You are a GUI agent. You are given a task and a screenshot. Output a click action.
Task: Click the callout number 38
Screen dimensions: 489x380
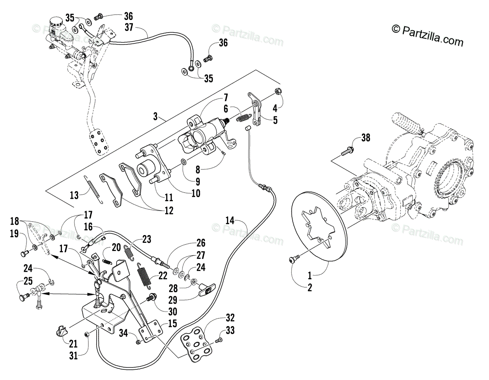tap(366, 138)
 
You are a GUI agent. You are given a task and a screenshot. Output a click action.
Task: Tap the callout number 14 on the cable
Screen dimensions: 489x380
tap(230, 220)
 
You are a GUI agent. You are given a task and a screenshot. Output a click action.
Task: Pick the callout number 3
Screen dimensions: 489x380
tap(155, 116)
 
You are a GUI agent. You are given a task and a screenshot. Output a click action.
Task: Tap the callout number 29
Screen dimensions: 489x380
tap(173, 300)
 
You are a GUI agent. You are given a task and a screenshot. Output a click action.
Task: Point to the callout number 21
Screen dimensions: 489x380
tap(73, 344)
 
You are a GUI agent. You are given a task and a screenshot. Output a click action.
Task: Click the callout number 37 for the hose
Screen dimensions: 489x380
tap(129, 27)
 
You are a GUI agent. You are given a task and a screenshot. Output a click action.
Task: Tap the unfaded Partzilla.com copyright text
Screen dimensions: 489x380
tap(427, 36)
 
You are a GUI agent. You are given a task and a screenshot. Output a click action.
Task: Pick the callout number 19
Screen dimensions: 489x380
tap(14, 233)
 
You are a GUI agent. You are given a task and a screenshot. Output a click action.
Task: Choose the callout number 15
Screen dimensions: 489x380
tap(173, 323)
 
